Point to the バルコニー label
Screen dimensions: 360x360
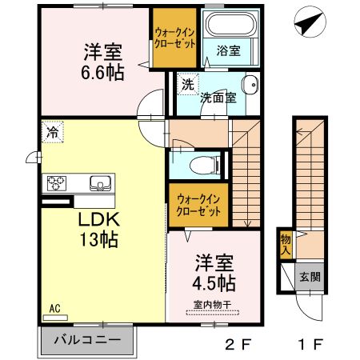point(87,341)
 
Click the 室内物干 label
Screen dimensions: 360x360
point(212,304)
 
